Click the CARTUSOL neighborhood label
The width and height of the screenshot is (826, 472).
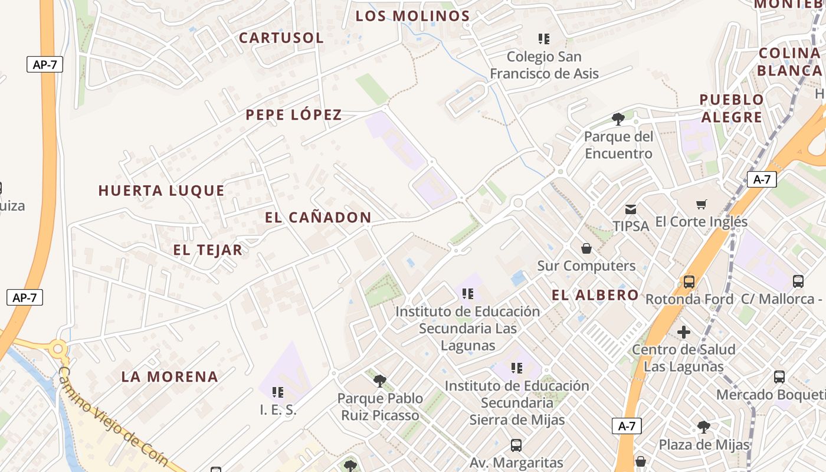click(281, 38)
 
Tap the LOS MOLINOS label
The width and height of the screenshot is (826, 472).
click(412, 16)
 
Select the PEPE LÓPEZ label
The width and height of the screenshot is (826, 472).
click(294, 114)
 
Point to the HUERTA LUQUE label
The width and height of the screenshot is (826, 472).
click(161, 191)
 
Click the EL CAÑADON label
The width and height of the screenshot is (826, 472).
click(318, 217)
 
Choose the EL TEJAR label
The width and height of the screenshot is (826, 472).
click(208, 250)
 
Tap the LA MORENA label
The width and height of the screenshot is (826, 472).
click(170, 376)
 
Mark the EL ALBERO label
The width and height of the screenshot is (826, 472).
click(595, 295)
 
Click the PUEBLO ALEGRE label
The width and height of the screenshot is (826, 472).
click(732, 108)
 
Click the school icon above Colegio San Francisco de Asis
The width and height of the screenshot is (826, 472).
click(544, 39)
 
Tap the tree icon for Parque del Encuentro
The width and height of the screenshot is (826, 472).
click(618, 119)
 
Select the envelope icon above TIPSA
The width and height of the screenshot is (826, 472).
click(631, 209)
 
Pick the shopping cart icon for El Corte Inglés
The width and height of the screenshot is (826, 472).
click(702, 205)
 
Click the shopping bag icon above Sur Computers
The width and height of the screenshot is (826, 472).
click(586, 248)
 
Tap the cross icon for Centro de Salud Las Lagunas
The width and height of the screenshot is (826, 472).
click(684, 332)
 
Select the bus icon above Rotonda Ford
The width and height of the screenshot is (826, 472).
click(689, 281)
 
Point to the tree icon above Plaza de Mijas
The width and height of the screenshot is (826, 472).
click(703, 427)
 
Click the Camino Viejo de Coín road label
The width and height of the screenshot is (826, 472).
click(114, 417)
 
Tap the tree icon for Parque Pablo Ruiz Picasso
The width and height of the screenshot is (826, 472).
click(380, 381)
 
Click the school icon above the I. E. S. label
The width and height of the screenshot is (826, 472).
click(278, 392)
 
